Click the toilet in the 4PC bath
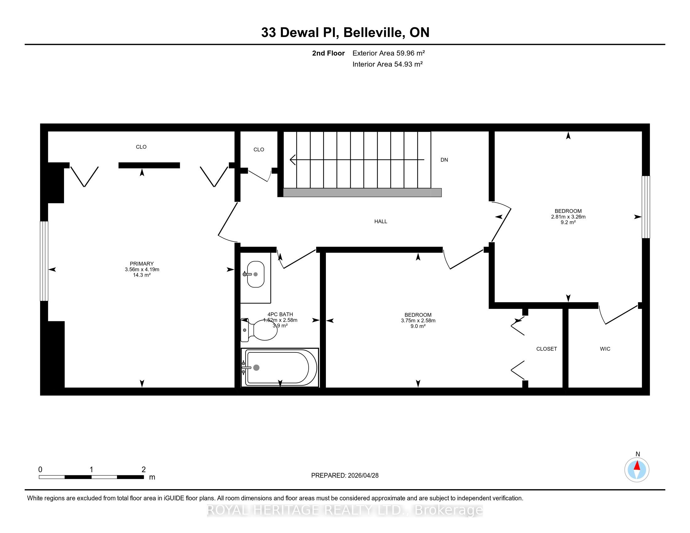click(x=259, y=330)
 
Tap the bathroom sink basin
click(x=256, y=274)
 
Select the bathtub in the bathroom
click(x=280, y=367)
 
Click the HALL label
click(x=381, y=222)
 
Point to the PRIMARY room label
click(x=142, y=264)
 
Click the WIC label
click(x=605, y=349)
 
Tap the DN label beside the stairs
click(x=444, y=160)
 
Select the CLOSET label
click(x=547, y=349)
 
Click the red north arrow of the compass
click(x=637, y=466)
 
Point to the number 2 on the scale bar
click(x=144, y=470)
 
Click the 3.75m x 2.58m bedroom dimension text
click(x=418, y=320)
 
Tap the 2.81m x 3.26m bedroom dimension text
click(x=568, y=217)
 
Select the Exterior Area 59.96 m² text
click(x=389, y=53)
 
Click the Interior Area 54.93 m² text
click(x=388, y=64)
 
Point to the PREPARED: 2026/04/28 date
click(x=345, y=476)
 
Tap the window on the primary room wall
click(x=44, y=261)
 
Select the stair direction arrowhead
click(x=293, y=160)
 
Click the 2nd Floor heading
click(x=328, y=53)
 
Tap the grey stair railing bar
click(x=362, y=193)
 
